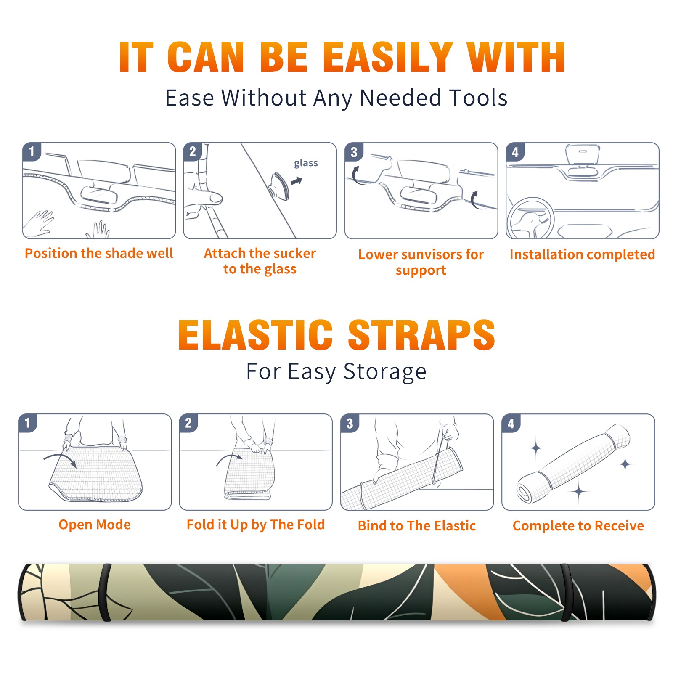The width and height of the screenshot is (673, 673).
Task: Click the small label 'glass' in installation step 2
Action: pyautogui.click(x=306, y=163)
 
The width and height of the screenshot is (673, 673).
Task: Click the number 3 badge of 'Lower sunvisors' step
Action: pyautogui.click(x=353, y=152)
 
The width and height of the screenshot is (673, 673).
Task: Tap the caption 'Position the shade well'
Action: pyautogui.click(x=99, y=253)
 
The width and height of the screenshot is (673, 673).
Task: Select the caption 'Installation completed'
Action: pyautogui.click(x=582, y=254)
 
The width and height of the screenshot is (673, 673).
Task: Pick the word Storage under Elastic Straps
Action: pyautogui.click(x=385, y=372)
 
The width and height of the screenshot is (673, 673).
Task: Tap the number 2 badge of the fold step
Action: pyautogui.click(x=188, y=423)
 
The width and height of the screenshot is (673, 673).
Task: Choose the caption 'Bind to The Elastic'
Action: pyautogui.click(x=417, y=526)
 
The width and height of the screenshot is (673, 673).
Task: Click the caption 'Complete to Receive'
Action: pyautogui.click(x=578, y=526)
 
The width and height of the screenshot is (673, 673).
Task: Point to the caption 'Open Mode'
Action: pyautogui.click(x=95, y=525)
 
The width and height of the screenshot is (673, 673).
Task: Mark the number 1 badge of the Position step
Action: pyautogui.click(x=32, y=151)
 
